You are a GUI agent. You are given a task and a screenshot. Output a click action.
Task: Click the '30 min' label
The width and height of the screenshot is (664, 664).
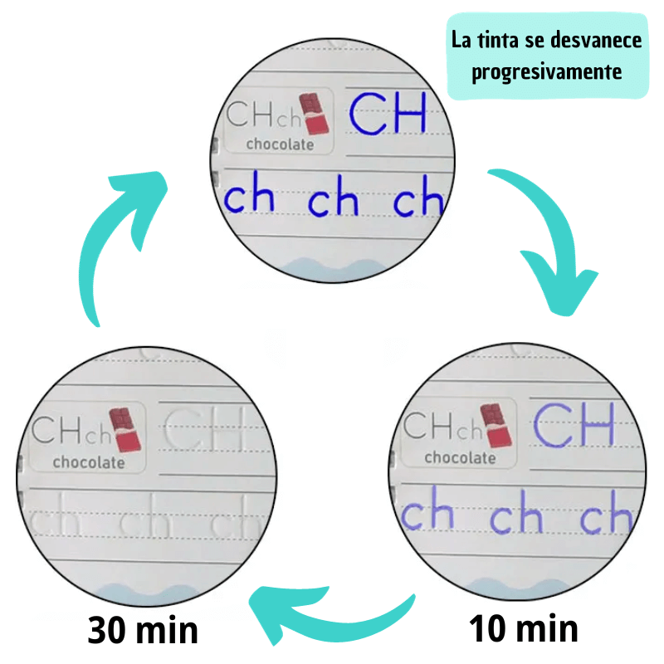pyautogui.click(x=143, y=631)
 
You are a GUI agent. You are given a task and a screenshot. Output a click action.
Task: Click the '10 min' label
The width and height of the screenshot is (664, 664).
pyautogui.click(x=523, y=628)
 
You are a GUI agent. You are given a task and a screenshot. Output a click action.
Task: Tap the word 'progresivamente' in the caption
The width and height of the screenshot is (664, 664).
pyautogui.click(x=546, y=72)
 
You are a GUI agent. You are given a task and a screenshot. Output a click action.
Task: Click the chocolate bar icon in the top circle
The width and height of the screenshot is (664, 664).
pyautogui.click(x=315, y=114)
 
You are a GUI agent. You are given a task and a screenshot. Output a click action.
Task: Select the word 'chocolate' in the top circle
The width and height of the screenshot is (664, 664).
pyautogui.click(x=280, y=144)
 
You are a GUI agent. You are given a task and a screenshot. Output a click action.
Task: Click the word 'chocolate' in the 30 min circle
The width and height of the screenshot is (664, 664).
pyautogui.click(x=88, y=462)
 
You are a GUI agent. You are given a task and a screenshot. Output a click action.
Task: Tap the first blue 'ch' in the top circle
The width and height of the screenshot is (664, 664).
pyautogui.click(x=249, y=199)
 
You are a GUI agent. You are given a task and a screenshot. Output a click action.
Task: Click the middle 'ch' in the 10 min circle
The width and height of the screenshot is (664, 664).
pyautogui.click(x=516, y=517)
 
